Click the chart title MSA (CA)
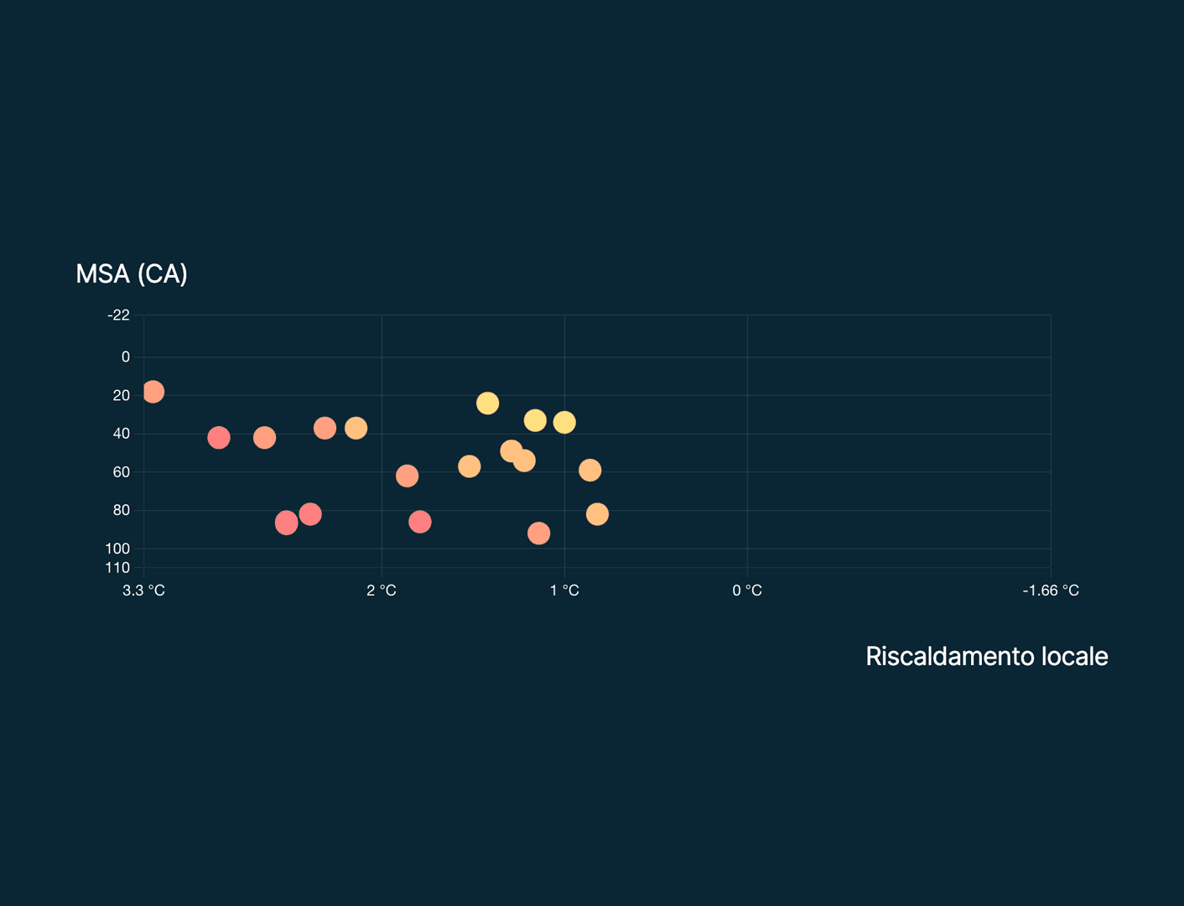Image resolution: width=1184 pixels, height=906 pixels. pos(132,274)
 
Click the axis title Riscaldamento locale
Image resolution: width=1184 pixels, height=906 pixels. pos(987,657)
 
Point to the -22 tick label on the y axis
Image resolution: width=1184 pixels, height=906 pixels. pos(119,315)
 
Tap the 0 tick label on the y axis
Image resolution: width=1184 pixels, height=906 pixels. pos(126,357)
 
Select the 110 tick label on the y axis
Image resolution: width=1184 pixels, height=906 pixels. pos(117,568)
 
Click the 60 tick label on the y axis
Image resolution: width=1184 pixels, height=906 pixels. pos(122,472)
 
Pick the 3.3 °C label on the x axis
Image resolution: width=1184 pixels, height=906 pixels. pos(143,591)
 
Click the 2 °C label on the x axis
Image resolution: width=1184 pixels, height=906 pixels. pos(382,591)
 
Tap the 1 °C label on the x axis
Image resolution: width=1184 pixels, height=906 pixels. pos(564,591)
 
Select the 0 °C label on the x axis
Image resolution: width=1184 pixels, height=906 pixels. pos(747,591)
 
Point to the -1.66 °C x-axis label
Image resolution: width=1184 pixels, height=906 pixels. pos(1051,591)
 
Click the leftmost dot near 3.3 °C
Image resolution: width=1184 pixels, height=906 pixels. pos(153,392)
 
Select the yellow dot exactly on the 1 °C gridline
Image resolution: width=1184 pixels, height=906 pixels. pos(564,422)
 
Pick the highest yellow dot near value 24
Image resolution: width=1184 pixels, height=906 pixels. pos(488,404)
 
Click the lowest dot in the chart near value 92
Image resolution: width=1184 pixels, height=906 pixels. pos(539,534)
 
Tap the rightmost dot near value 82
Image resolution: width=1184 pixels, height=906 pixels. pos(597,514)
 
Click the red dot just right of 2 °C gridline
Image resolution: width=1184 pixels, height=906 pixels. pos(419,522)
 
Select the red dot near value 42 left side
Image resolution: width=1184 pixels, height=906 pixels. pos(219,438)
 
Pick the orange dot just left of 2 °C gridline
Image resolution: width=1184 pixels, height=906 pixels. pos(356,428)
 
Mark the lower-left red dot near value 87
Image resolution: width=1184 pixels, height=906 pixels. pos(287,523)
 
